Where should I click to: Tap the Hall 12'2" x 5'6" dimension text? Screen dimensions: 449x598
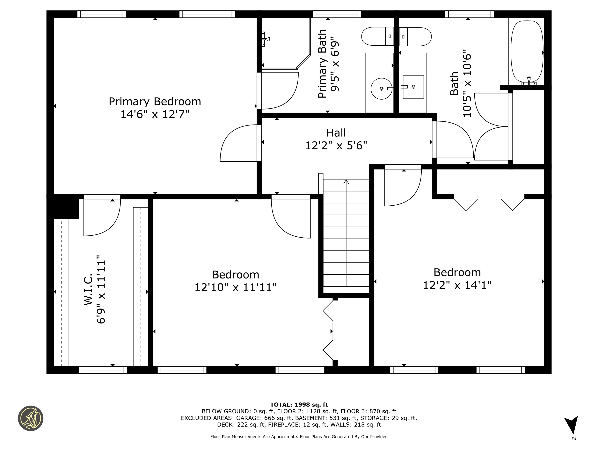[336, 146]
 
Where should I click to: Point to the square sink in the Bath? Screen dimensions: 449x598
[413, 87]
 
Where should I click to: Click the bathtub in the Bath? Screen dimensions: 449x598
[527, 51]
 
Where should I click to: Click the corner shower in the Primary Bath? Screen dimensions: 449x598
[284, 43]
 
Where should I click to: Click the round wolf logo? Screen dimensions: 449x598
[31, 418]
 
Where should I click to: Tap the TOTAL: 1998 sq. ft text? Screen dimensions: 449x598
[299, 405]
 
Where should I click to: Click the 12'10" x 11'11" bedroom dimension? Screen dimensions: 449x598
[236, 287]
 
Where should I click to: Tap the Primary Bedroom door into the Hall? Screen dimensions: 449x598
[239, 143]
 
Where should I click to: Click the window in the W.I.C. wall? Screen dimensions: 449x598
[103, 370]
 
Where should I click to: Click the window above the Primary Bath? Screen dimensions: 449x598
[337, 14]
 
